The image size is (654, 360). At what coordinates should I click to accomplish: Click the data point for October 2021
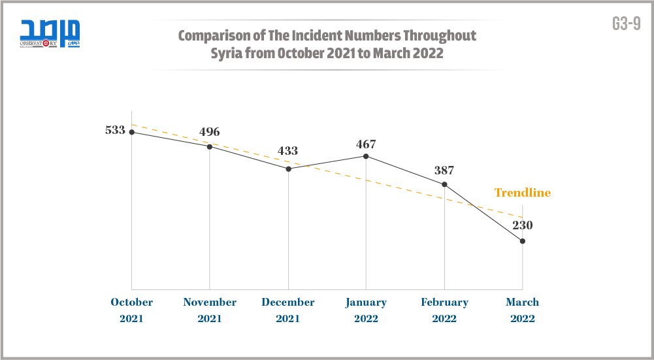[x=131, y=132]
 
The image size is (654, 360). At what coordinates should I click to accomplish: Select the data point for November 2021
[x=210, y=146]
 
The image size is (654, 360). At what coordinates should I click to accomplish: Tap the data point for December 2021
[x=288, y=169]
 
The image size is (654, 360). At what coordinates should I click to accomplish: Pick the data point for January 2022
[x=366, y=156]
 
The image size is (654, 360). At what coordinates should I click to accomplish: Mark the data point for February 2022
[x=444, y=184]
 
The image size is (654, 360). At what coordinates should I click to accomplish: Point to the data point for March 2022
[x=523, y=242]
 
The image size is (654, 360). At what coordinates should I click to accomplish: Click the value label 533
[x=115, y=130]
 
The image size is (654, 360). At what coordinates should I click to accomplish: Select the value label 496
[x=210, y=132]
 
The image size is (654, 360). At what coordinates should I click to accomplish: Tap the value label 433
[x=288, y=151]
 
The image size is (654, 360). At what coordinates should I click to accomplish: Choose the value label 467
[x=366, y=144]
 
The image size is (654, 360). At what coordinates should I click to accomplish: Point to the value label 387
[x=444, y=171]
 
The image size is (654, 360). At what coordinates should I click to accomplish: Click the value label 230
[x=523, y=225]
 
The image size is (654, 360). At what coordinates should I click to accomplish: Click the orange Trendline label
[x=522, y=193]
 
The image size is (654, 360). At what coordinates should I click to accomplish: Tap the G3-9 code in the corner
[x=626, y=24]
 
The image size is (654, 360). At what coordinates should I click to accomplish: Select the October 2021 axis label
[x=131, y=310]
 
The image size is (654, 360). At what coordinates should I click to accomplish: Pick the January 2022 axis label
[x=366, y=310]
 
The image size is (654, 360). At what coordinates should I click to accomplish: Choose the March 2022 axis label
[x=523, y=310]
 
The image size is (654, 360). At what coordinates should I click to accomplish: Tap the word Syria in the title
[x=226, y=53]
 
